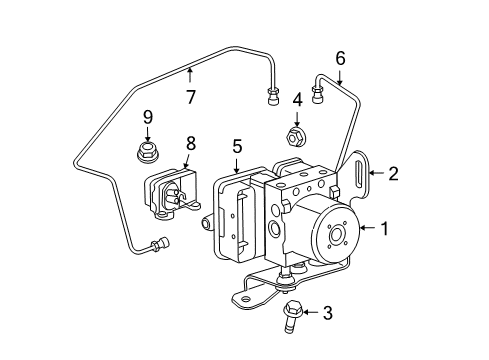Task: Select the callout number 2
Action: [394, 174]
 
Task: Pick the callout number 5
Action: [237, 146]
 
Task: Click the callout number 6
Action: [340, 59]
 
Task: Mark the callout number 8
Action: [190, 144]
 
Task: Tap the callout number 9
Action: [147, 117]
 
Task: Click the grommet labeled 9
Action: [147, 154]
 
